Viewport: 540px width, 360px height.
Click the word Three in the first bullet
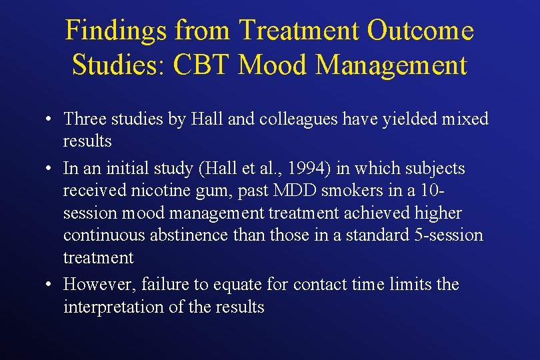tap(85, 119)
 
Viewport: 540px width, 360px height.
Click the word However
tap(99, 285)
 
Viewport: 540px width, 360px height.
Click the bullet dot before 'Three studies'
tap(50, 120)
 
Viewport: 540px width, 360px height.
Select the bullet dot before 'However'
tap(50, 285)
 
